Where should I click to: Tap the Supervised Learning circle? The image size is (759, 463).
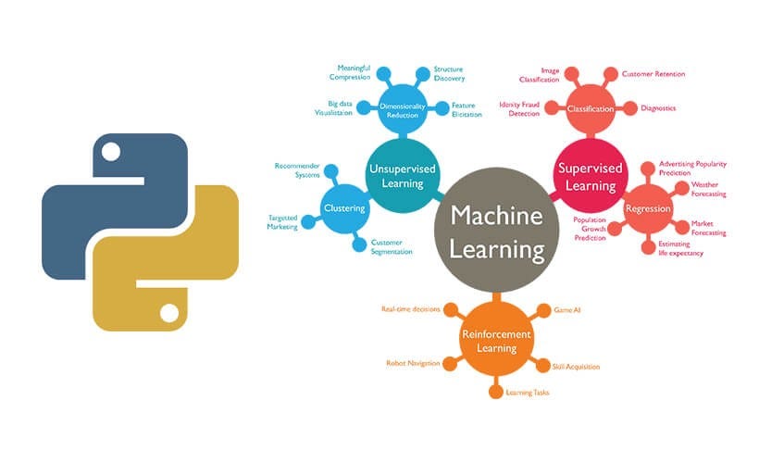point(590,176)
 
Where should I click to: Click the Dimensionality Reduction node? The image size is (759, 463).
point(403,112)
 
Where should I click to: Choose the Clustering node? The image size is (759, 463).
point(343,208)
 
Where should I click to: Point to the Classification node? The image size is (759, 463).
point(591,109)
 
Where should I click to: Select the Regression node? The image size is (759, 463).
point(648,208)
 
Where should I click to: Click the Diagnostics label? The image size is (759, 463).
point(658,108)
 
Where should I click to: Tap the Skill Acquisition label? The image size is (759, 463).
point(576,366)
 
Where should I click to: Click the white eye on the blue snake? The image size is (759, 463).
point(110,151)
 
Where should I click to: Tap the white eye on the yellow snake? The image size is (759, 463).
point(170,312)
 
